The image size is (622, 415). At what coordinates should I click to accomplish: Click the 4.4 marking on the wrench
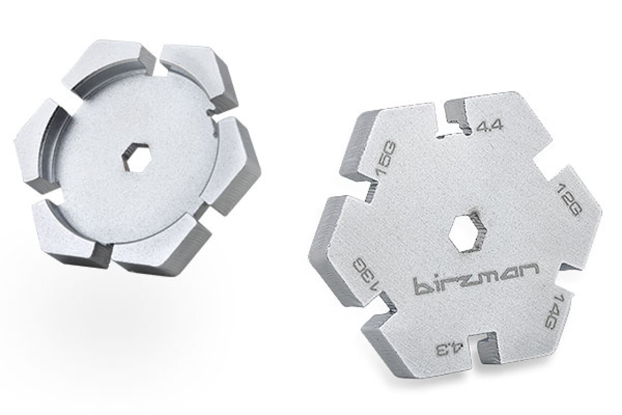[x=489, y=127]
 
